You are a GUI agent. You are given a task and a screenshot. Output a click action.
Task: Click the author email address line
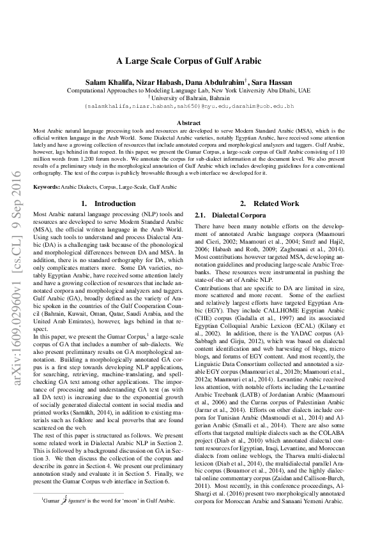point(189,106)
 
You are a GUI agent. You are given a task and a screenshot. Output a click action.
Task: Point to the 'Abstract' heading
point(189,122)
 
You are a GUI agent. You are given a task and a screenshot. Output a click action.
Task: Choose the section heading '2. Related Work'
point(269,203)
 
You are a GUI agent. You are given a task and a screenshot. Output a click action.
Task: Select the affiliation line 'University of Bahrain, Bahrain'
point(190,98)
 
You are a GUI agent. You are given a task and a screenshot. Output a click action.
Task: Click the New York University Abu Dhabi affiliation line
point(189,91)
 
